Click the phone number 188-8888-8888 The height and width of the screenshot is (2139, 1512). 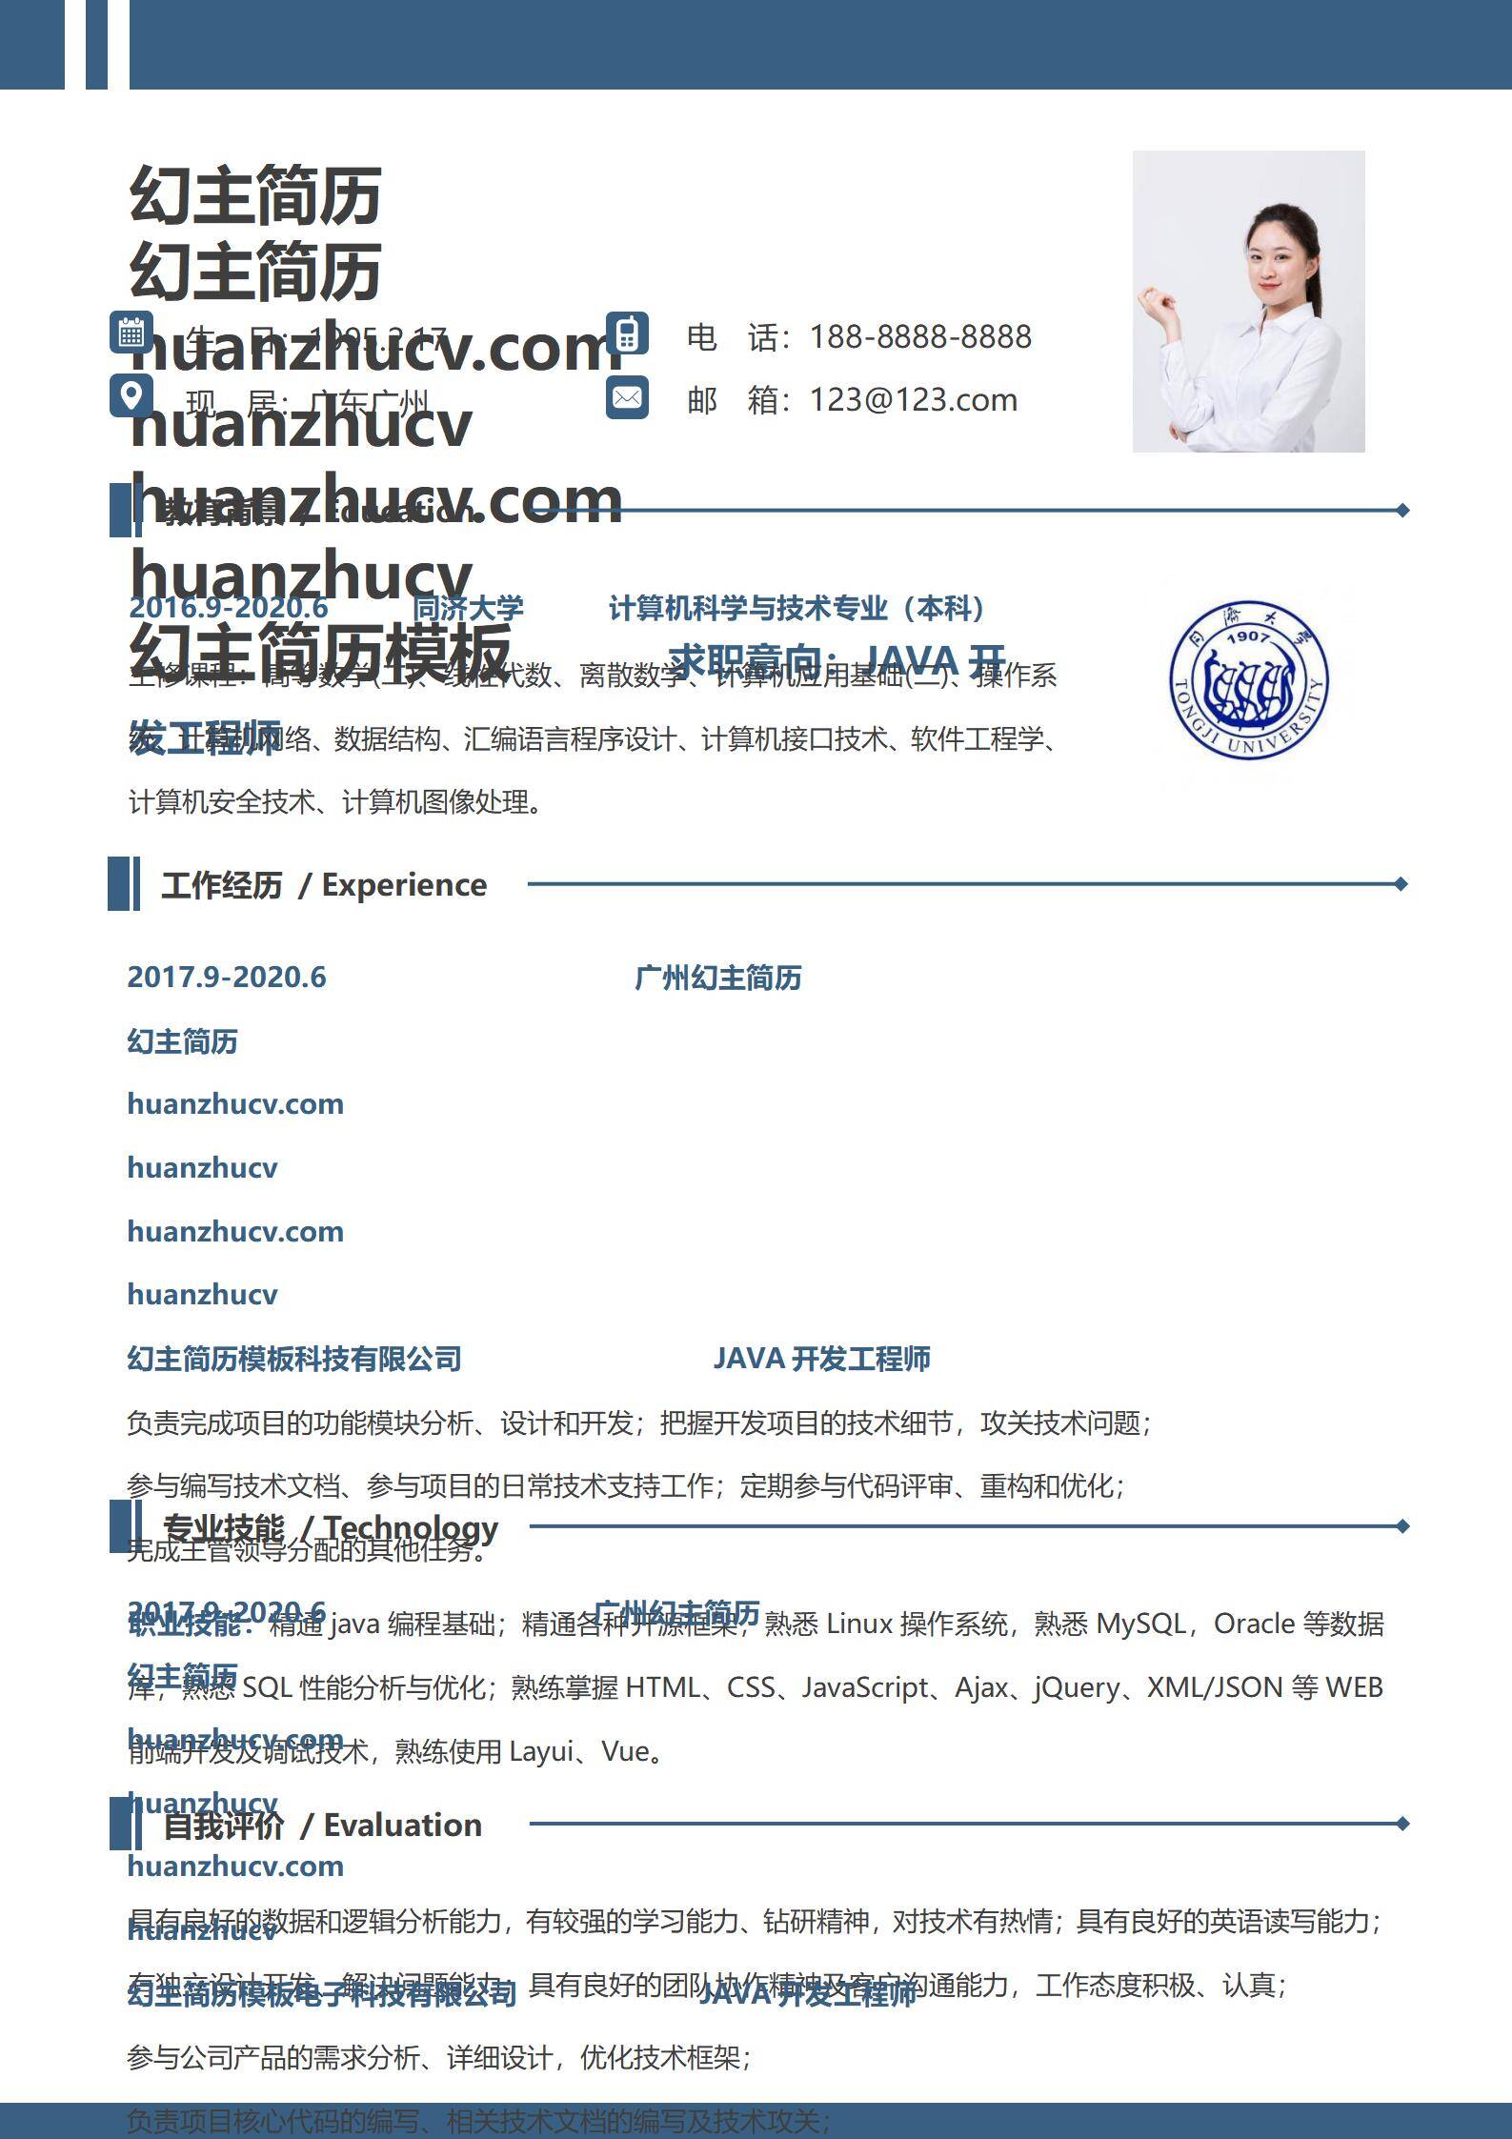point(920,337)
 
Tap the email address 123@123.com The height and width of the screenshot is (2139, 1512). point(913,400)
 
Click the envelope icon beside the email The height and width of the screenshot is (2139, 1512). point(627,397)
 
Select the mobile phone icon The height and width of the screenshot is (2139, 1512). point(627,333)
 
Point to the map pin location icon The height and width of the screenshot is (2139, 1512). point(131,394)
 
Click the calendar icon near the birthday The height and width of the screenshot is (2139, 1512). point(131,333)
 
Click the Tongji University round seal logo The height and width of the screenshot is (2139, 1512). point(1248,680)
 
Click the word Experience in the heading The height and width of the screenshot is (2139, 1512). point(404,885)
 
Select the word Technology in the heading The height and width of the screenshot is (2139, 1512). point(412,1527)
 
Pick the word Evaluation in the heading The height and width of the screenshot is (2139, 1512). point(402,1826)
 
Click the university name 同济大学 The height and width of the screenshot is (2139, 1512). point(468,608)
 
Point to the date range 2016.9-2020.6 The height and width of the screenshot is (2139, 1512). point(228,608)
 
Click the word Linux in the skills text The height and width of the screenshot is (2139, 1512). point(858,1624)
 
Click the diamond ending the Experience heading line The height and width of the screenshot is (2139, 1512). point(1401,884)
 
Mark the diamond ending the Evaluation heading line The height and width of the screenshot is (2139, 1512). point(1402,1824)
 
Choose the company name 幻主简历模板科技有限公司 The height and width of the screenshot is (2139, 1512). point(293,1360)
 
